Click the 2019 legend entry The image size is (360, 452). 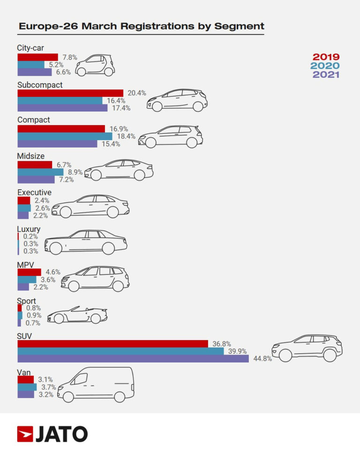[326, 57]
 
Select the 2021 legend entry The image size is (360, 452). [326, 74]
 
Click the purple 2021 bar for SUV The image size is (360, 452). [133, 358]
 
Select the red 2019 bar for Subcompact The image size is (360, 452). [70, 93]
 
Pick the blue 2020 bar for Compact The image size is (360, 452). [65, 136]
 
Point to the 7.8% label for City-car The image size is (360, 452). [69, 57]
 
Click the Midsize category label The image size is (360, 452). [31, 156]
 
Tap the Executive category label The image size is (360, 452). [34, 193]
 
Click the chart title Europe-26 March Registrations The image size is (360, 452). [141, 26]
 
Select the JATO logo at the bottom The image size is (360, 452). [52, 434]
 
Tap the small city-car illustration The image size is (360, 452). [95, 65]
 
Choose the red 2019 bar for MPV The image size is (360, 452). [29, 272]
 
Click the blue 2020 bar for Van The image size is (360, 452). [27, 387]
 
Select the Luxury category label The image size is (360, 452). [29, 229]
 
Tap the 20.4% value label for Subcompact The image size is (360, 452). [137, 93]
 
